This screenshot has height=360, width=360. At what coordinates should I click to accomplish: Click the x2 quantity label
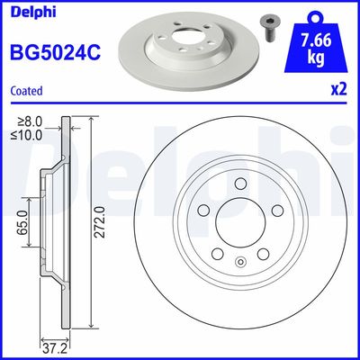[338, 91]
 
